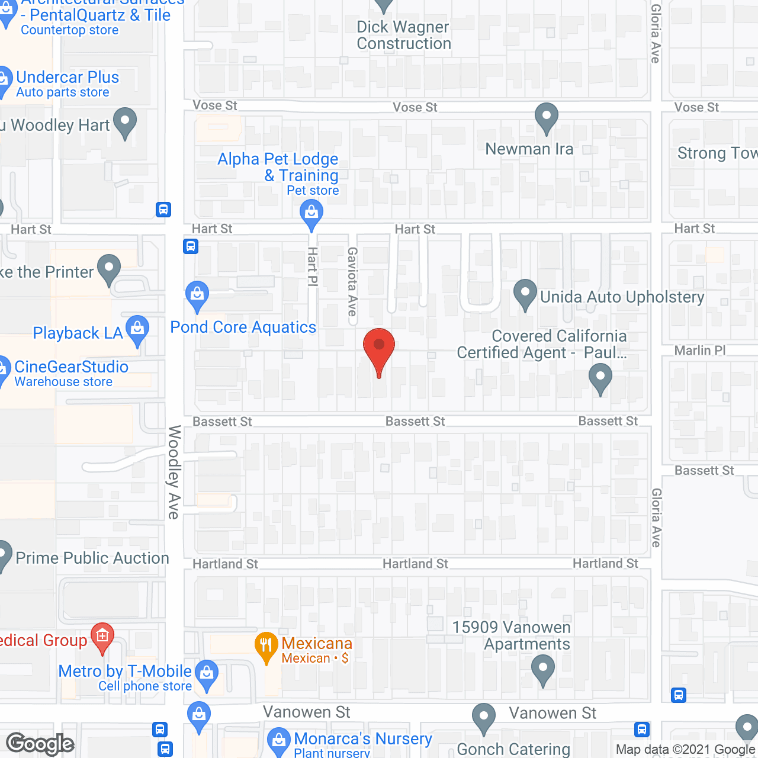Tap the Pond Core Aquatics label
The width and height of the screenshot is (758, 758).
(243, 327)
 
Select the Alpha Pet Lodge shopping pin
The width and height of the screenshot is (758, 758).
(311, 214)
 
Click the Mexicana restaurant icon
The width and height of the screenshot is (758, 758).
(266, 646)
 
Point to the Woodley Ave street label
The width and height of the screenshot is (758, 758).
(174, 472)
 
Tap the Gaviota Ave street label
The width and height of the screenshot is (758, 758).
(353, 281)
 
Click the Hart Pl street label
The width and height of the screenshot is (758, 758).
(313, 267)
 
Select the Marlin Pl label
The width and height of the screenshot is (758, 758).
(700, 351)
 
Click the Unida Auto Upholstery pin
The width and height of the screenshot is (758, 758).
(525, 294)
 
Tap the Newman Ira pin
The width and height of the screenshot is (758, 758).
(546, 117)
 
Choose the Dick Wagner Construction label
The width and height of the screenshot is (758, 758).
(404, 36)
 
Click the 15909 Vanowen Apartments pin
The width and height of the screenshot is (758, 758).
(543, 670)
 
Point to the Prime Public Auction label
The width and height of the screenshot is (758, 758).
(92, 558)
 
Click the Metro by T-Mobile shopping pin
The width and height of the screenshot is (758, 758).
(207, 675)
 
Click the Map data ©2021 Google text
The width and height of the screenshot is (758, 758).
(686, 750)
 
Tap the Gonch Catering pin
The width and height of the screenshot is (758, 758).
(484, 718)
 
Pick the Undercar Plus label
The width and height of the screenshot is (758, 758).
(68, 78)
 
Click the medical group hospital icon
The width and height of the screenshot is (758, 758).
(102, 638)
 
